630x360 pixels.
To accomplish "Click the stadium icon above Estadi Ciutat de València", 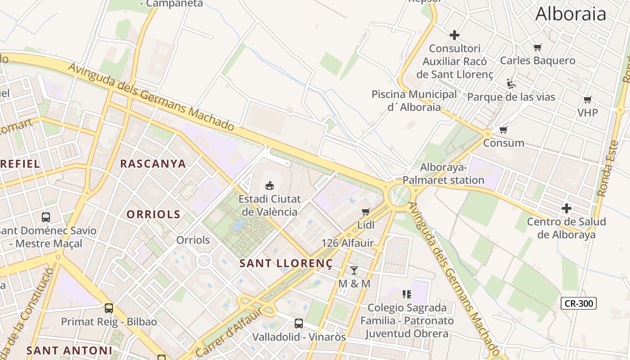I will point(270,185).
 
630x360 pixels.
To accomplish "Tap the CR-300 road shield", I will point(579,303).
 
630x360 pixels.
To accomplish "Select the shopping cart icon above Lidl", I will point(366,211).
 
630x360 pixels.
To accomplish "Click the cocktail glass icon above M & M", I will point(354,270).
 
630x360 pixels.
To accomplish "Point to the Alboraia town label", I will point(571,14).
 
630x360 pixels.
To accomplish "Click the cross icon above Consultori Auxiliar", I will point(454,35).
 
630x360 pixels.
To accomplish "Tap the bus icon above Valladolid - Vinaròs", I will point(299,323).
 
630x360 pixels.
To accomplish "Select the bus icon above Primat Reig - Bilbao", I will point(109,308).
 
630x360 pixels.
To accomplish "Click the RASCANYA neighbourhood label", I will point(153,164).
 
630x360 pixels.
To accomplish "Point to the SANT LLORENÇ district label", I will point(286,263).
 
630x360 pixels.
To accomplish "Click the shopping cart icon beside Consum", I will point(504,130).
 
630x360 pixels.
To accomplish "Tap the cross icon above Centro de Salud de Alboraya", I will point(567,208).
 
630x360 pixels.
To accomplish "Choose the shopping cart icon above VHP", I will point(588,99).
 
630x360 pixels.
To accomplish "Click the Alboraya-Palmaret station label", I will point(443,174).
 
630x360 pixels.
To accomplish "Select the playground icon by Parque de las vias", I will point(511,84).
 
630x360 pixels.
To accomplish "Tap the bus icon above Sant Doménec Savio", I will point(46,217).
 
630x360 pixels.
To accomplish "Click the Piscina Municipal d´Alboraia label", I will point(414,100).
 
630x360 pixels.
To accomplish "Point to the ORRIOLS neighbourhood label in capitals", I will point(153,215).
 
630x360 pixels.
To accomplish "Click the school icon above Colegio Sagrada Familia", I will point(407,294).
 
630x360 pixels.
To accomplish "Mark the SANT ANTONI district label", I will point(69,350).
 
